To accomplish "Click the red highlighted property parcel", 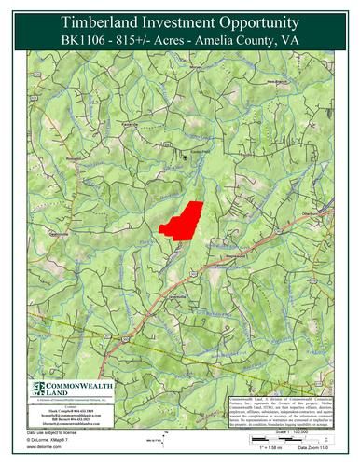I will click(x=182, y=220).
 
